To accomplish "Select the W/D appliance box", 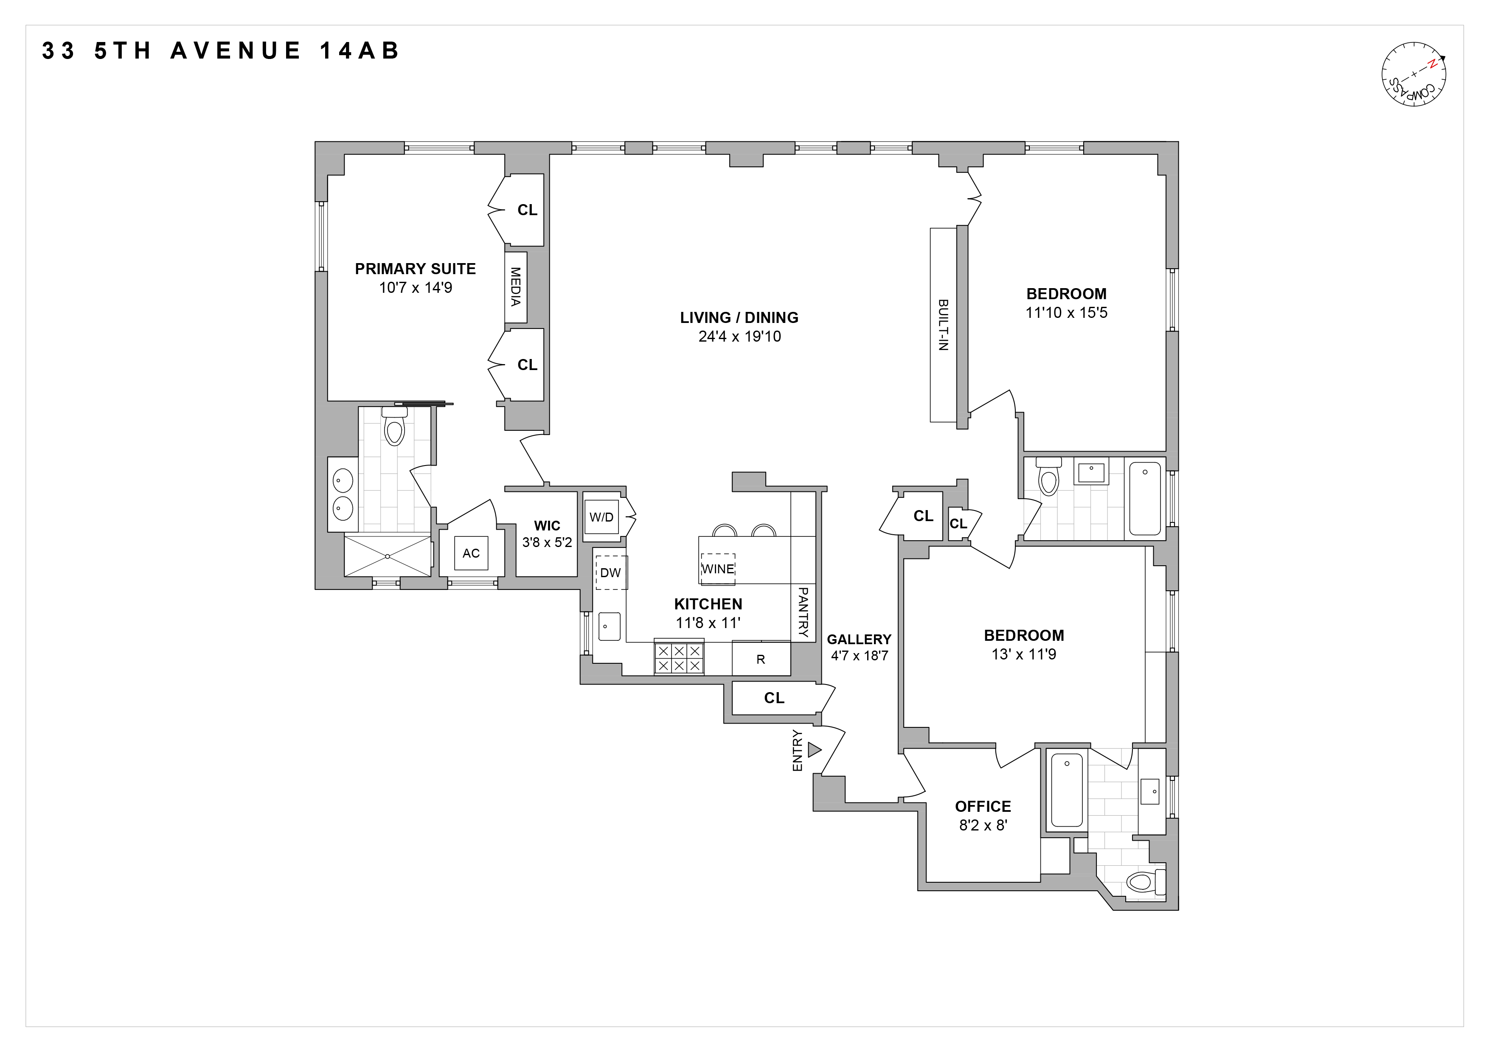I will [601, 516].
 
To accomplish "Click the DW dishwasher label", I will [610, 572].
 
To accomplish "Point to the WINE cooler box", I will [718, 569].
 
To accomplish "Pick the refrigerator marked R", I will [761, 659].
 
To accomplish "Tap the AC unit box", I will [471, 553].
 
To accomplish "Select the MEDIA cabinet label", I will [516, 287].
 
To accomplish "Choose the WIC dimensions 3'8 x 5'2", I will [547, 542].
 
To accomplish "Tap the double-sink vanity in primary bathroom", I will [343, 494].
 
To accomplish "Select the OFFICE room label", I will [983, 806].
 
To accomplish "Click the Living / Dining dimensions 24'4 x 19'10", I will [739, 337].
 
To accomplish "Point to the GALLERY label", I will [859, 639].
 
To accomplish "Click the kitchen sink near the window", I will [609, 626].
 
